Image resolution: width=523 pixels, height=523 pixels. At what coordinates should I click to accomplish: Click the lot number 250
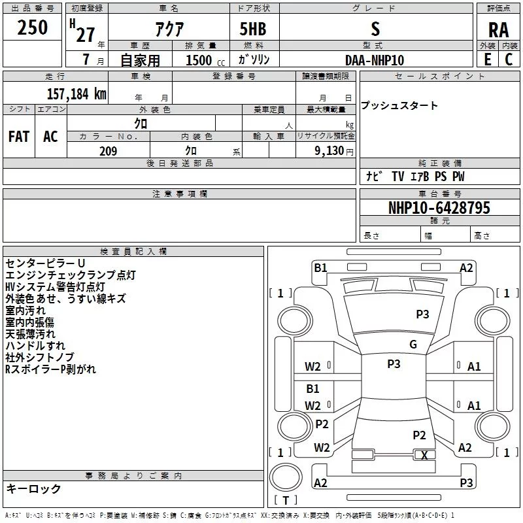tap(32, 27)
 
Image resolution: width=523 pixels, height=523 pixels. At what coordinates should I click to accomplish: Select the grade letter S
tap(375, 29)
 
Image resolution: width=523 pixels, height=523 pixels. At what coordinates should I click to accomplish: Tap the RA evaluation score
tap(498, 30)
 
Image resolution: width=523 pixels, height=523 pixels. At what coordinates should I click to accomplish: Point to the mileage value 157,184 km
tap(76, 93)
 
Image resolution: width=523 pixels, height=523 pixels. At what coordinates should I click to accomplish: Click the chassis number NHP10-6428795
tap(439, 208)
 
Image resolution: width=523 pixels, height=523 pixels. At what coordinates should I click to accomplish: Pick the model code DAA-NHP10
tap(375, 60)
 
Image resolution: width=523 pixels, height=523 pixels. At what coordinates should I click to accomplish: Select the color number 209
tap(108, 151)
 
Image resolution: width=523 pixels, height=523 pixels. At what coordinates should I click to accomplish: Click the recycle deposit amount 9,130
tap(329, 151)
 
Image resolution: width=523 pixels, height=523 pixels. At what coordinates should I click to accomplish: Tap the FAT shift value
tap(19, 137)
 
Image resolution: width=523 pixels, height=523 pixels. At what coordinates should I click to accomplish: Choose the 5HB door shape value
tap(253, 29)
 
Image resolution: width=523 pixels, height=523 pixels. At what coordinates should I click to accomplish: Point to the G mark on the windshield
tap(413, 344)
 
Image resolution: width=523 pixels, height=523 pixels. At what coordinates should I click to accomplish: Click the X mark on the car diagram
tap(424, 455)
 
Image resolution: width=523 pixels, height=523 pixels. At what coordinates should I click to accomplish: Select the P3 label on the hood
tap(422, 314)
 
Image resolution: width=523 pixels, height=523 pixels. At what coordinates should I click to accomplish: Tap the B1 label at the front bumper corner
tap(320, 267)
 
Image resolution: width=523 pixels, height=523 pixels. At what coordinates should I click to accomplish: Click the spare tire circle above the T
tap(286, 477)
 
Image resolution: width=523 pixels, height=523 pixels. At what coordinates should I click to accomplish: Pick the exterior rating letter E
tap(487, 59)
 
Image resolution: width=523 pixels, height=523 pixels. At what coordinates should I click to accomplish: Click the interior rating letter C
tap(509, 59)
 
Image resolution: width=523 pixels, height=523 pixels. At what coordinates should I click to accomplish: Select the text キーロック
tap(33, 488)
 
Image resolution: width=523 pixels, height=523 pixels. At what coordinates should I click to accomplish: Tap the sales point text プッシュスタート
tap(399, 105)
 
